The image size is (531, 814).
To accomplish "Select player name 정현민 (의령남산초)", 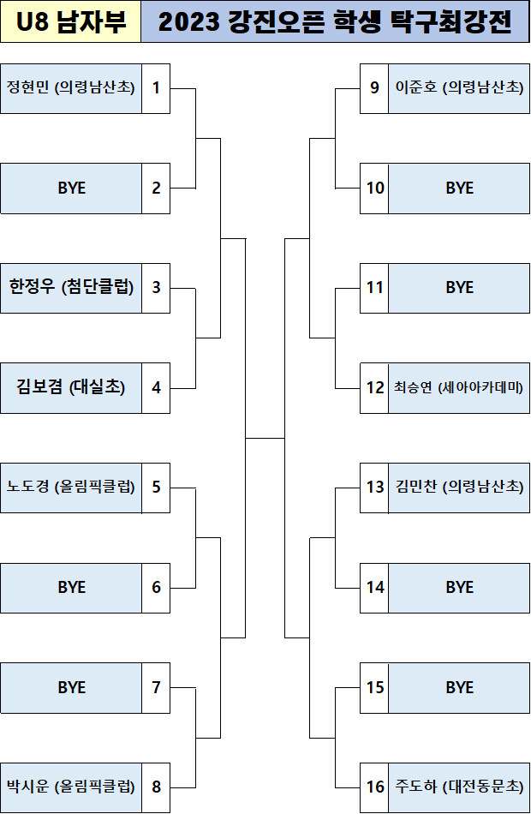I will (71, 87).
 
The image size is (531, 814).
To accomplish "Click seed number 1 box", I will (156, 87).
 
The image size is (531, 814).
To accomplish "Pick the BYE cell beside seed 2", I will (71, 188).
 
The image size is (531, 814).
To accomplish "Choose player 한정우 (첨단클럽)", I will (71, 287).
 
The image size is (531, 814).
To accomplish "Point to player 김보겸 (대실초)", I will (71, 387).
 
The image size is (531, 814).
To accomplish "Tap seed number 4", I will (156, 387).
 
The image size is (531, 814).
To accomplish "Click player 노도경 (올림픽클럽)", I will (71, 488).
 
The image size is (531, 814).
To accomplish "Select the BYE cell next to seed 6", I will (71, 588).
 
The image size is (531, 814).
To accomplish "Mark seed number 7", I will (156, 687).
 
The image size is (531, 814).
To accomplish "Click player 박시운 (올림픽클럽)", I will (71, 787).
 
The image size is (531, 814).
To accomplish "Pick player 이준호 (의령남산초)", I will (459, 87).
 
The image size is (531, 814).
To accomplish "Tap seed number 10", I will (375, 188).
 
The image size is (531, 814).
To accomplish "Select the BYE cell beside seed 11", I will (459, 287).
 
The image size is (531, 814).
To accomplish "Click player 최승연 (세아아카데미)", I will (459, 387).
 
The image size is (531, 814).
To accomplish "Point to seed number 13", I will (375, 488).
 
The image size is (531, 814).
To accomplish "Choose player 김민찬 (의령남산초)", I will (459, 488).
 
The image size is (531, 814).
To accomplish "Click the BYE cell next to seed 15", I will (459, 687).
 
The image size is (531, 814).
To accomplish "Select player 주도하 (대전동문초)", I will (459, 787).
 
